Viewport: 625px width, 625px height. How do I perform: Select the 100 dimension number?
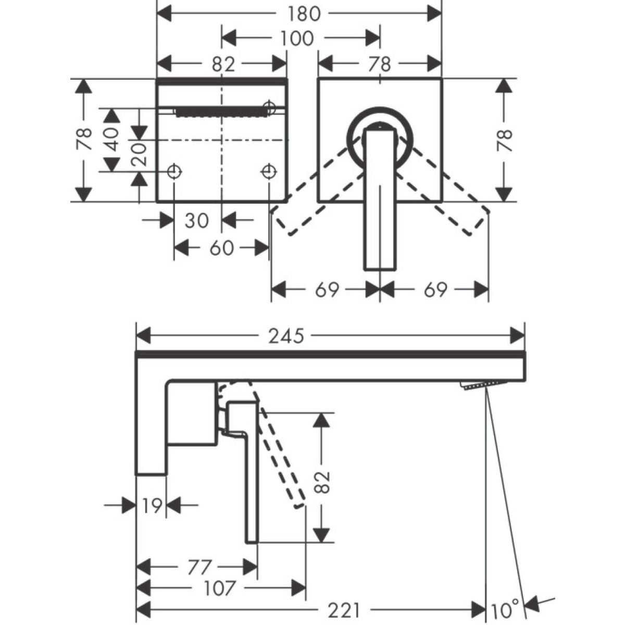[x=297, y=39]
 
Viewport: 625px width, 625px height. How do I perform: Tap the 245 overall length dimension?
[x=286, y=336]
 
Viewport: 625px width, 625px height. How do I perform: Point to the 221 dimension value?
[x=344, y=611]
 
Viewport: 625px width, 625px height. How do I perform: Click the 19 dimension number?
[x=151, y=505]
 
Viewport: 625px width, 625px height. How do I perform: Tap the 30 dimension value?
[x=197, y=221]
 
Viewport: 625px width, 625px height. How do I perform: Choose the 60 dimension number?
[x=221, y=248]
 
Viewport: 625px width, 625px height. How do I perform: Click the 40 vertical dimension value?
[x=112, y=139]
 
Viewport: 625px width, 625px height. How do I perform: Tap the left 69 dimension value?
[x=327, y=289]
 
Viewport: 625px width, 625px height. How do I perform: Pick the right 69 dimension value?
[x=435, y=289]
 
